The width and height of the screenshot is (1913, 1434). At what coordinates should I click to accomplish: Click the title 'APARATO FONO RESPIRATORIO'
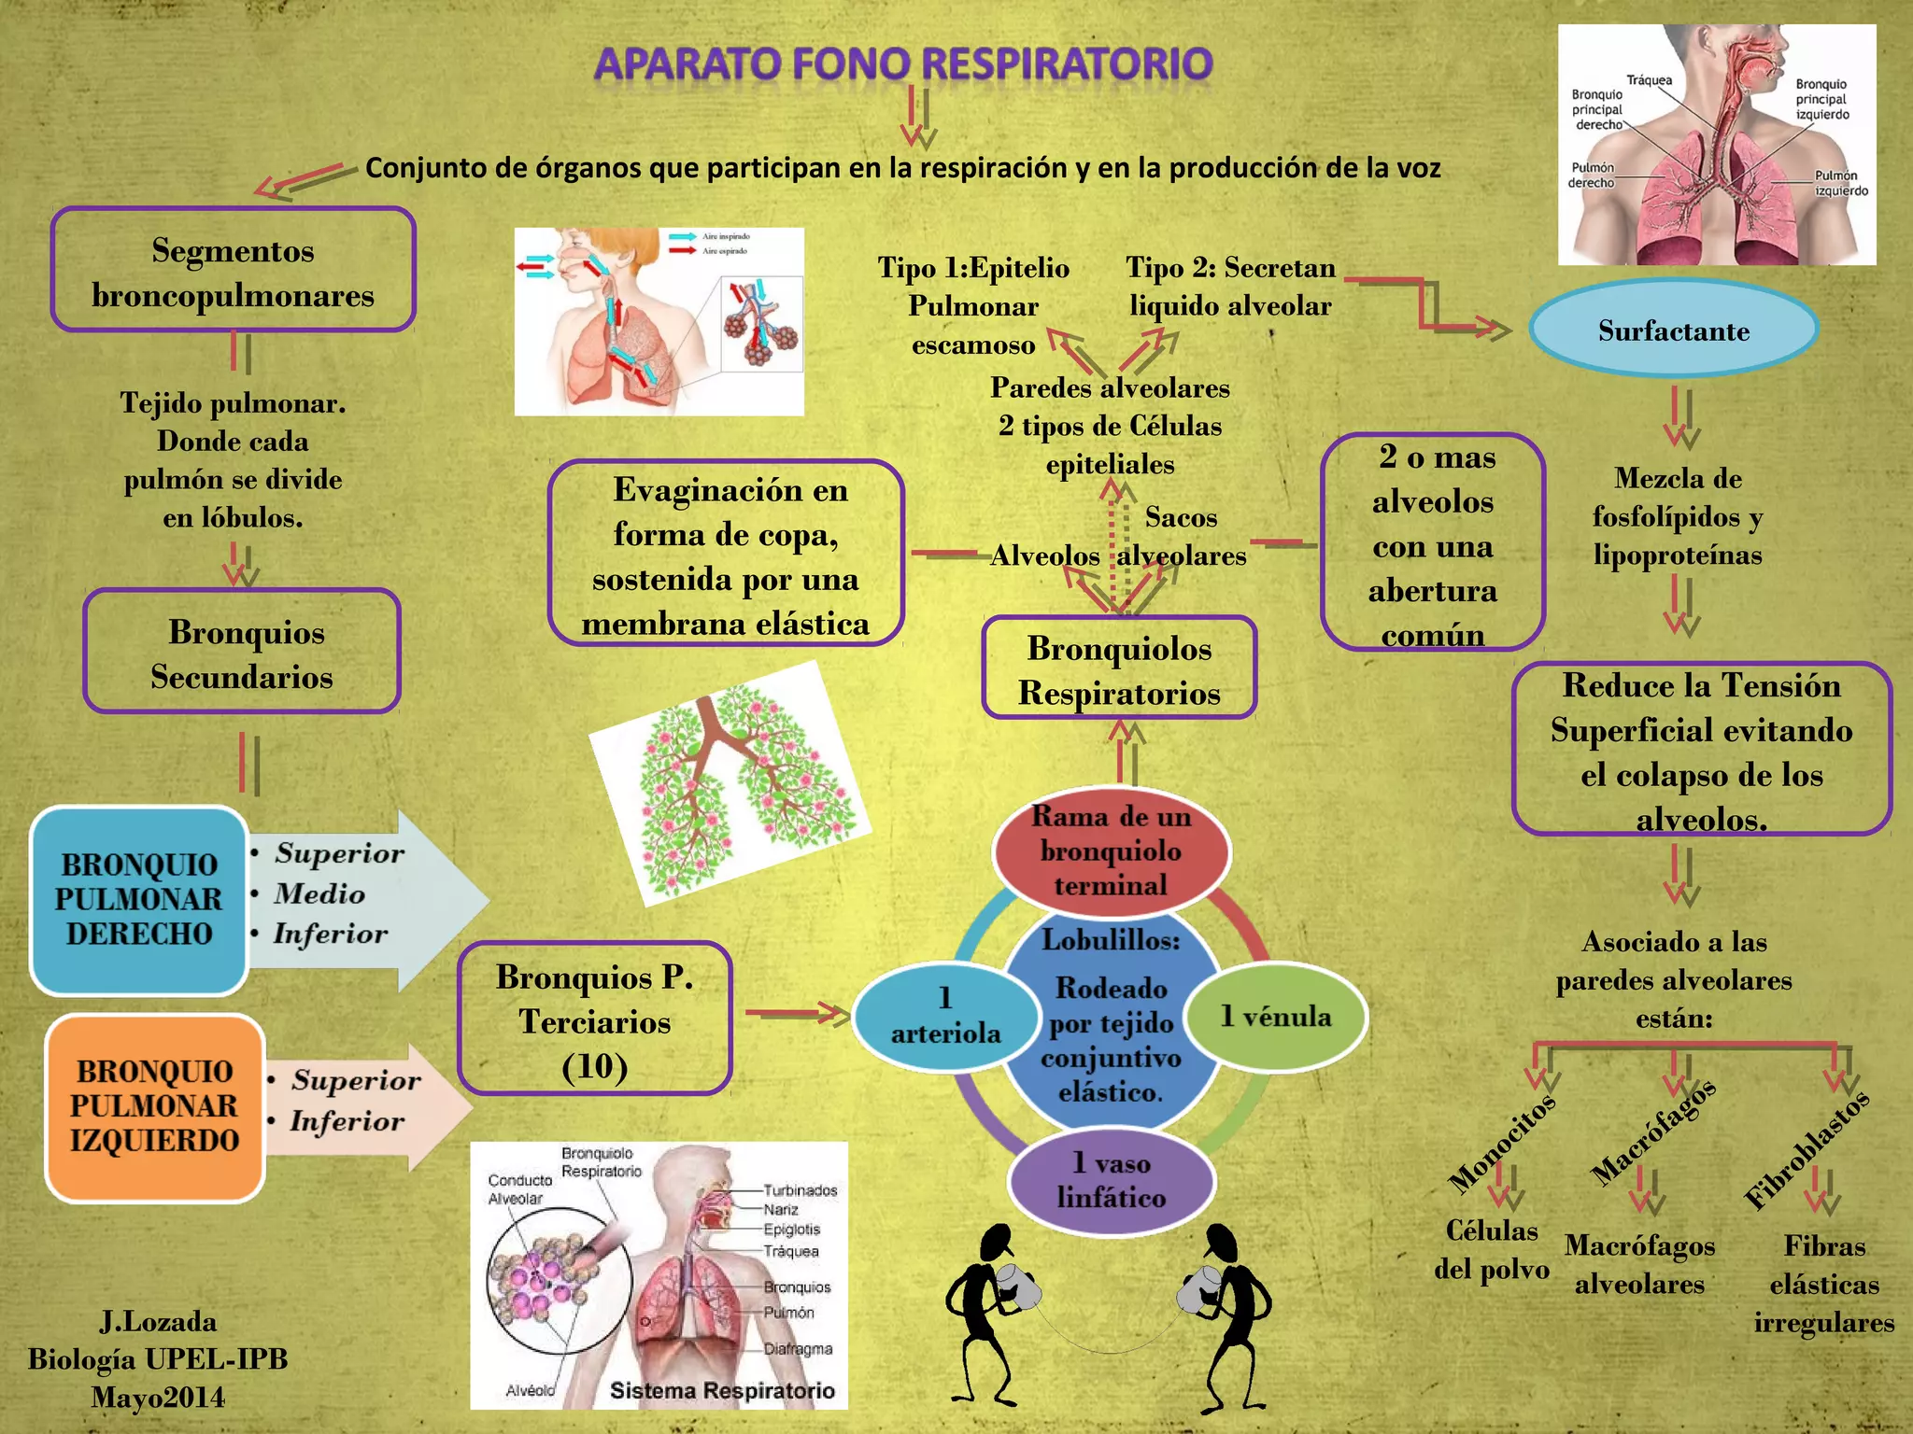tap(903, 64)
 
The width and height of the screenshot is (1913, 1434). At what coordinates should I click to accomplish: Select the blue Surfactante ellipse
tap(1673, 330)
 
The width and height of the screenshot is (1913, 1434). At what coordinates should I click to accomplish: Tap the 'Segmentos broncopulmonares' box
tap(233, 271)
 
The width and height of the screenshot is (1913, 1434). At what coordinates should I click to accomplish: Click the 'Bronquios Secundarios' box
tap(242, 653)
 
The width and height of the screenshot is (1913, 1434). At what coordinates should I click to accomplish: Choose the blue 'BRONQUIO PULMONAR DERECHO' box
tap(138, 899)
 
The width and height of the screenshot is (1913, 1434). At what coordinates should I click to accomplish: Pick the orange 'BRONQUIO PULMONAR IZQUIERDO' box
tap(154, 1106)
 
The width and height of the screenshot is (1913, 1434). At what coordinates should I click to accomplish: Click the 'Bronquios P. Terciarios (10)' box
tap(595, 1019)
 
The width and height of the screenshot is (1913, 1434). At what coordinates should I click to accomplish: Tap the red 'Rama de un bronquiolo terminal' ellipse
tap(1111, 851)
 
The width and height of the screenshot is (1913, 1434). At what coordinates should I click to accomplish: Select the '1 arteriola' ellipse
tap(945, 1016)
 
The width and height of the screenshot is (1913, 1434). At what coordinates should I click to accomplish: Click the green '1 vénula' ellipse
tap(1275, 1016)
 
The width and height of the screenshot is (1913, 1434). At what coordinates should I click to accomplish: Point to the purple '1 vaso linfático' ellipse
tap(1112, 1180)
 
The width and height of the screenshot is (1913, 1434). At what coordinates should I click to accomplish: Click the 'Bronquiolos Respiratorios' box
tap(1119, 669)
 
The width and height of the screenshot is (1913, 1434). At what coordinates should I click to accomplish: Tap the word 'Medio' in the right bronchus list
tap(319, 893)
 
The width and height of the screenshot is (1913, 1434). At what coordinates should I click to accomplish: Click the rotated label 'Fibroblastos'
tap(1807, 1149)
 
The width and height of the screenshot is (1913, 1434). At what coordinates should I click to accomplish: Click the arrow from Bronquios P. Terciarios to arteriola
tap(796, 1012)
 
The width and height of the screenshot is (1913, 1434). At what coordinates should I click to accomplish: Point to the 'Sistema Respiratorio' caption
tap(722, 1390)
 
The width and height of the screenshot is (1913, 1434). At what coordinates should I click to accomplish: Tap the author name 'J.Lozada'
tap(158, 1321)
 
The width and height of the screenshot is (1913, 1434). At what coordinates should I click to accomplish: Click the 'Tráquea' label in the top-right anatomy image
tap(1649, 80)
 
